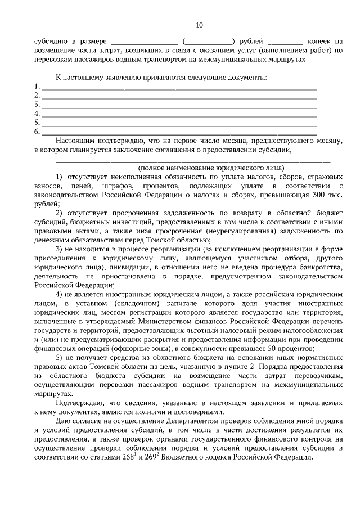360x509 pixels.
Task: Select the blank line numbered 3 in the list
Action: coord(179,105)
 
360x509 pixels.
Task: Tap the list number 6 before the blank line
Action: coord(37,131)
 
